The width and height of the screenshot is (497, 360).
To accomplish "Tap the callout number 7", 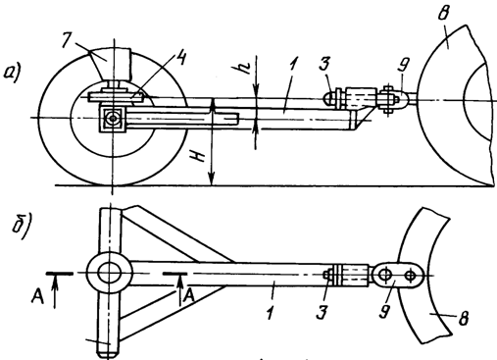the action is pos(69,39).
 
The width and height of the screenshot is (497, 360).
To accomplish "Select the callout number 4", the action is pos(180,59).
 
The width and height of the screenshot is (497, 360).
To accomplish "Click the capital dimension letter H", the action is pos(199,157).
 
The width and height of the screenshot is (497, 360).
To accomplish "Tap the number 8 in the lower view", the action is pos(463,318).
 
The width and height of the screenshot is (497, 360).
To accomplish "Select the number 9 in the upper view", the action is pos(402,67).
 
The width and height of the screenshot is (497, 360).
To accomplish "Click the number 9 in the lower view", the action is pos(385,309).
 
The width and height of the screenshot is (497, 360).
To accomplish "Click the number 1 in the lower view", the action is pos(270,312).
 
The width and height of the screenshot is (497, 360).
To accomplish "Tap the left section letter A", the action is pos(38,296).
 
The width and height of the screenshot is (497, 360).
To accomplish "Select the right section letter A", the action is pos(189,296).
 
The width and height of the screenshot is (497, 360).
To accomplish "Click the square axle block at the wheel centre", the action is pos(113,119).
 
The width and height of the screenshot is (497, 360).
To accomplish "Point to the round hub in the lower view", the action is pos(110,273).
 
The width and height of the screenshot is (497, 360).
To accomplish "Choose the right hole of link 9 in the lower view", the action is pos(410,275).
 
